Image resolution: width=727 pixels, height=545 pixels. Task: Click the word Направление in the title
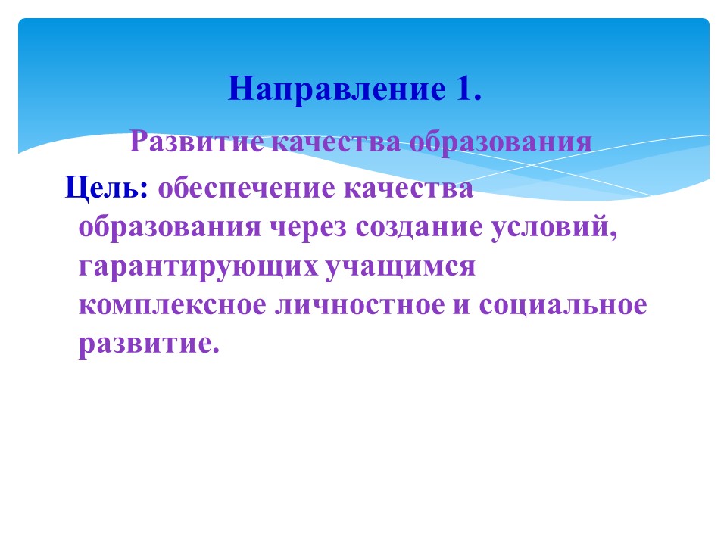336,89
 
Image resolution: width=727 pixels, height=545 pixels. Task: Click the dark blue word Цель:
107,188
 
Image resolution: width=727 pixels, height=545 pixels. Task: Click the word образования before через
170,227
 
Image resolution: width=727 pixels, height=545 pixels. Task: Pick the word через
308,228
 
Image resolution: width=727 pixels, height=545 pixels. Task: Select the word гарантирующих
199,267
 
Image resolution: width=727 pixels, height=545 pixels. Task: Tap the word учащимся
401,267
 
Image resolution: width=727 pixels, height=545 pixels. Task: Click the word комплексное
173,306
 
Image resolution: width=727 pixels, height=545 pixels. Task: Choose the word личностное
360,306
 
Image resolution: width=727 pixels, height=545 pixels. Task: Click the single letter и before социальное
461,306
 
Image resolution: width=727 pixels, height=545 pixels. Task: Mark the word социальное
563,306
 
